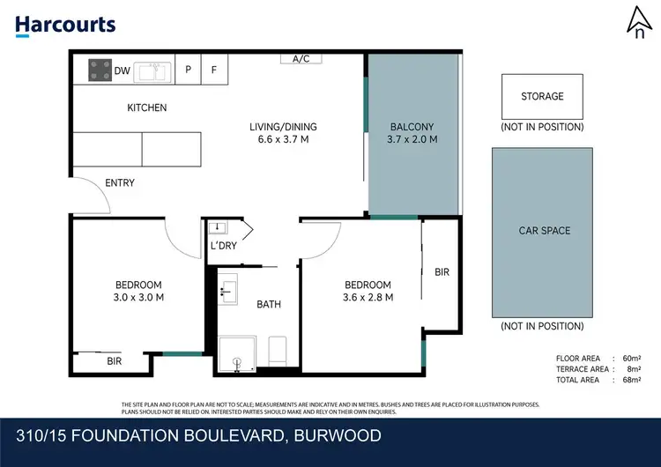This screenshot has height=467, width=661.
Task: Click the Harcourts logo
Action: point(65,24)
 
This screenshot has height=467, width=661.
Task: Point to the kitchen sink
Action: point(152,71)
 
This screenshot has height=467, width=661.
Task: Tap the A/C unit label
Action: point(301,59)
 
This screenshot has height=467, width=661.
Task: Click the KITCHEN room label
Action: point(146,108)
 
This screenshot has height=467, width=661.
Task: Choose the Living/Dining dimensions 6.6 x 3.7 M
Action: point(283,139)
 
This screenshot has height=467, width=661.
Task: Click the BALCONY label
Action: point(412,127)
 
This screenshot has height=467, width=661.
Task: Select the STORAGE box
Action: point(542,97)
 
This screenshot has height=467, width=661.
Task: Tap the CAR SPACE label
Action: point(544,231)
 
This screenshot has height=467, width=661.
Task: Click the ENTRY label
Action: point(120,183)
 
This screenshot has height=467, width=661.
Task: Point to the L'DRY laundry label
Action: point(222,246)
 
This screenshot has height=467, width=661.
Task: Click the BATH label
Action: point(269,305)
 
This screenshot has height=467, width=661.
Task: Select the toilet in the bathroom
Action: point(277,350)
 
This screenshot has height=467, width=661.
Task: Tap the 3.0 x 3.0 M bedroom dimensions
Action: point(139,297)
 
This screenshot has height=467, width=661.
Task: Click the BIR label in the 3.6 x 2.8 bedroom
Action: point(442,272)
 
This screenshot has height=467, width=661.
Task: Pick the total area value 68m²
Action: point(631,380)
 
